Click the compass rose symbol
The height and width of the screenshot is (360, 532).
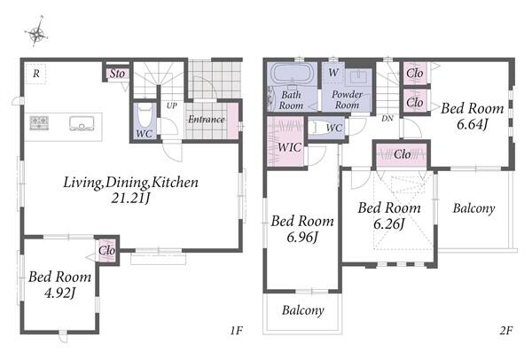pyautogui.click(x=36, y=32)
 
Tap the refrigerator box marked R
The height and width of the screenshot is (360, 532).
pyautogui.click(x=35, y=74)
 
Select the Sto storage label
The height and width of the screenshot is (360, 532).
pyautogui.click(x=117, y=74)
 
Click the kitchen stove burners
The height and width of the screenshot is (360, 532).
pyautogui.click(x=39, y=122)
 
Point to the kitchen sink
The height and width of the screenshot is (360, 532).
pyautogui.click(x=82, y=123)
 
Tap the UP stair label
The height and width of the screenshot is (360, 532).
pyautogui.click(x=172, y=106)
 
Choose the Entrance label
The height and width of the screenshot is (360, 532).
pyautogui.click(x=207, y=119)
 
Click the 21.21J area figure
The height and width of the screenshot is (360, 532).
pyautogui.click(x=130, y=198)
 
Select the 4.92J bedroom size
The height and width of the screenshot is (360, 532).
pyautogui.click(x=59, y=293)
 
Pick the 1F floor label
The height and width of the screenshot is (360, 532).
pyautogui.click(x=237, y=330)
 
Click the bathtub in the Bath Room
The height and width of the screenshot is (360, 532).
pyautogui.click(x=292, y=73)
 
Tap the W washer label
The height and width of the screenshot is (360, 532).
pyautogui.click(x=333, y=73)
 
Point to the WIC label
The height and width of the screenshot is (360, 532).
pyautogui.click(x=289, y=147)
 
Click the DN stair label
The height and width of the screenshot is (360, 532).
pyautogui.click(x=387, y=119)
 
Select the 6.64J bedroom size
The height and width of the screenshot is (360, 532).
pyautogui.click(x=472, y=124)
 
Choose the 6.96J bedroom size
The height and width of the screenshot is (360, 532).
pyautogui.click(x=302, y=237)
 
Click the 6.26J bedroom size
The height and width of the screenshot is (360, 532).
pyautogui.click(x=389, y=224)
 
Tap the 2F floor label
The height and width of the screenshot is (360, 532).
pyautogui.click(x=506, y=330)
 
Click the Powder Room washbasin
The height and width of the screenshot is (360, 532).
pyautogui.click(x=358, y=76)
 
